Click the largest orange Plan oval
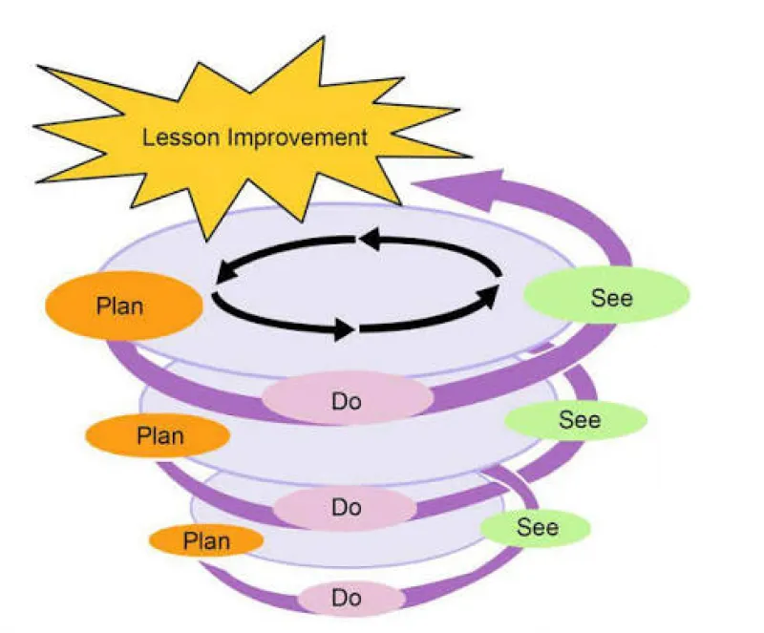(124, 306)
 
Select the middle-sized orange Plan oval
(158, 435)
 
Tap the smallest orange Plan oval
(206, 540)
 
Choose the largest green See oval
(606, 295)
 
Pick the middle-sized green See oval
(576, 420)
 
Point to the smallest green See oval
(535, 528)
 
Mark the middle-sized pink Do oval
(345, 508)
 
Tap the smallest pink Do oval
(351, 598)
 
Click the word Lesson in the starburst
(180, 137)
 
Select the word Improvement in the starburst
(297, 137)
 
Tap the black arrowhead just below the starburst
(371, 239)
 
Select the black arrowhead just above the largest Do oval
(344, 329)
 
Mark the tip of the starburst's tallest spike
(324, 37)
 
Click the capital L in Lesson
(147, 137)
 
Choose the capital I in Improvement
(230, 137)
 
